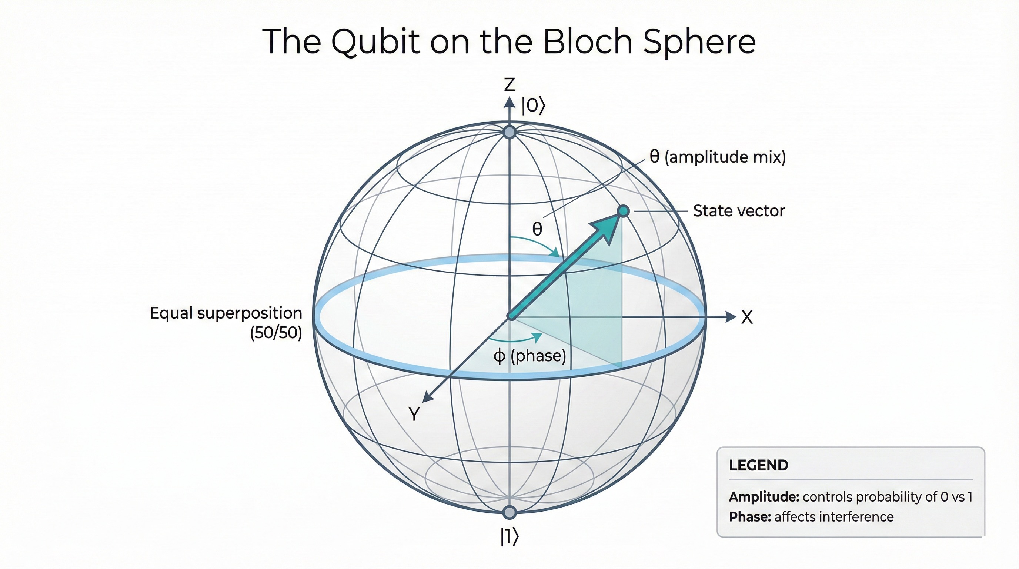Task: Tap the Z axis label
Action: point(509,85)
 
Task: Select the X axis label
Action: point(747,317)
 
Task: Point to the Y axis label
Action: point(414,414)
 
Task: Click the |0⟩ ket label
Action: point(533,106)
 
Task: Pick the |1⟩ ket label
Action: point(509,537)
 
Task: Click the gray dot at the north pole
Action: point(509,132)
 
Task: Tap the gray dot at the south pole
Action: point(509,512)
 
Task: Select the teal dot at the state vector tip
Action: point(623,211)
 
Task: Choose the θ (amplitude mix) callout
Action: point(717,157)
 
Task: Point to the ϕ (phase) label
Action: point(529,356)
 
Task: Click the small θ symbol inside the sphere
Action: point(537,229)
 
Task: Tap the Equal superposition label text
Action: point(226,313)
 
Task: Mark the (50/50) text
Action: point(276,333)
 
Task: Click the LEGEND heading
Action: point(758,465)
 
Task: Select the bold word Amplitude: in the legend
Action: point(764,497)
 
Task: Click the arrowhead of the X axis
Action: point(731,317)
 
